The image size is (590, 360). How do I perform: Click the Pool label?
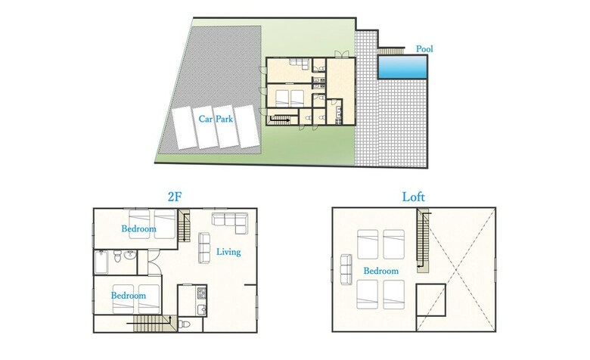tap(424, 49)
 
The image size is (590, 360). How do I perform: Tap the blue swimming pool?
tap(402, 67)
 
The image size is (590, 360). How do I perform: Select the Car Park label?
tap(216, 119)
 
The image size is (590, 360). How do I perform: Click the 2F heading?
tap(174, 197)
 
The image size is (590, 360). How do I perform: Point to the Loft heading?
tap(413, 197)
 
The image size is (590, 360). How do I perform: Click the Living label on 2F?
tap(228, 252)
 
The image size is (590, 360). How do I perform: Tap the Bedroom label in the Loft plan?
tap(380, 271)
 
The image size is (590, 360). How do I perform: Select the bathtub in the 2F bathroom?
tap(101, 262)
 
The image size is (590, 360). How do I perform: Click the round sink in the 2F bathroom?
tap(130, 255)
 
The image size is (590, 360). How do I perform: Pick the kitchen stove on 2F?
tap(201, 292)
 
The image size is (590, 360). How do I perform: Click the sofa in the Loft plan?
tap(346, 268)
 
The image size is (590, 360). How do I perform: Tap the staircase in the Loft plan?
tap(423, 241)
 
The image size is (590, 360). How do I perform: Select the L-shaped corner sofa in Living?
tap(230, 222)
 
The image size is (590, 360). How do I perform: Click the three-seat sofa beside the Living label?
tap(204, 247)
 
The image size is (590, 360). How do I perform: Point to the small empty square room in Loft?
tap(431, 299)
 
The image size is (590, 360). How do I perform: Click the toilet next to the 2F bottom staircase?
tap(184, 324)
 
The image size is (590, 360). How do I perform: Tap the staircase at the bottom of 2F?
tap(151, 324)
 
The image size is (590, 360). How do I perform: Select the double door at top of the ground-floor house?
tap(342, 54)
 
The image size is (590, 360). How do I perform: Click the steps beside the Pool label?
tap(390, 51)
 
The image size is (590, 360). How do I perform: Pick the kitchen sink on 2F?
tap(202, 309)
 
